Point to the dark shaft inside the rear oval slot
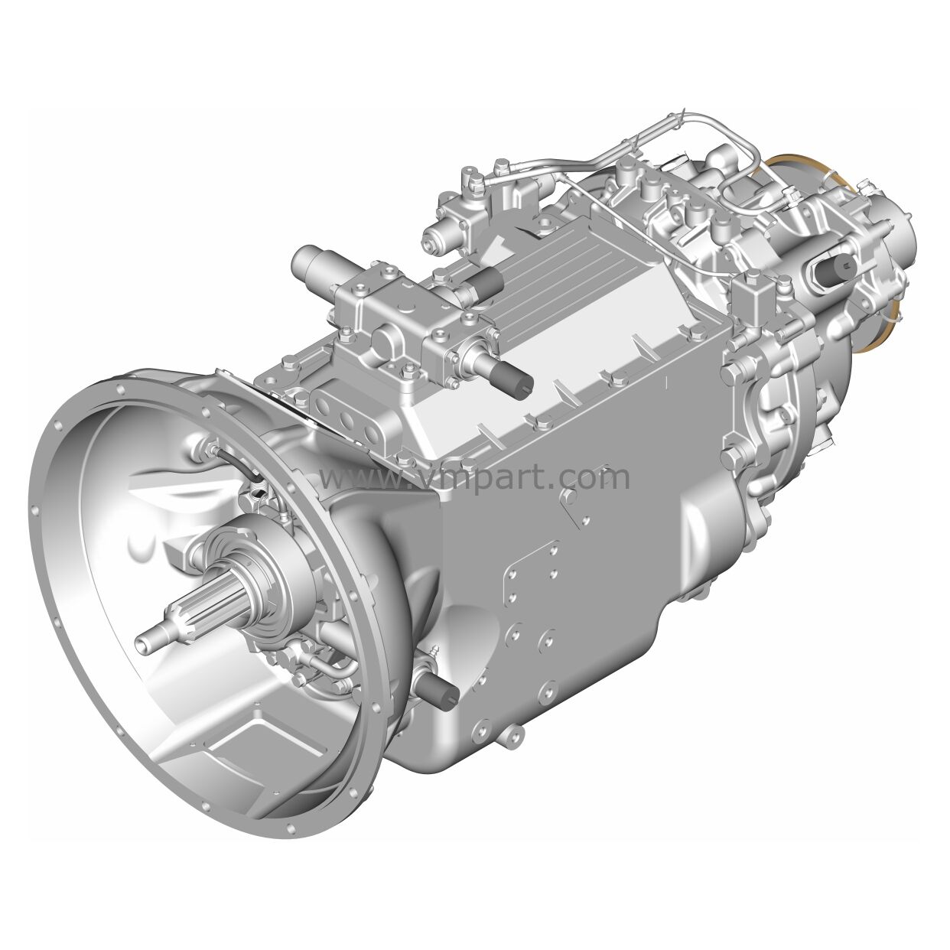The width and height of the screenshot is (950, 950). tap(834, 268)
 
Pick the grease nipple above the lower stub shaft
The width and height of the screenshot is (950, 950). tap(436, 652)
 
